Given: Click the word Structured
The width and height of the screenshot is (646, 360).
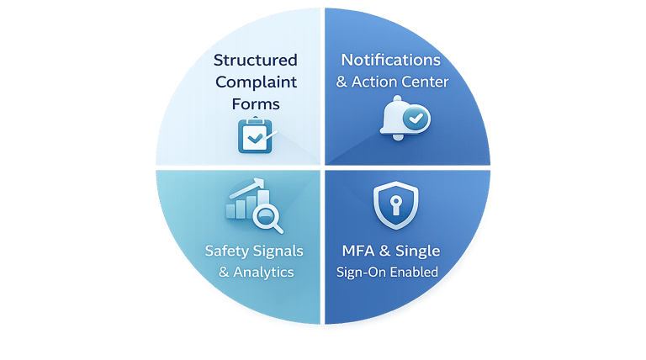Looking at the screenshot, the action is (x=255, y=61).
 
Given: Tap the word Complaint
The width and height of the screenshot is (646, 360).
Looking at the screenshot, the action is (x=255, y=82).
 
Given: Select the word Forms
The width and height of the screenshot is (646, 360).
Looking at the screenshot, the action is (x=255, y=104).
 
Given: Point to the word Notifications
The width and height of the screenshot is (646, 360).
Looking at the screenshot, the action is (x=390, y=61).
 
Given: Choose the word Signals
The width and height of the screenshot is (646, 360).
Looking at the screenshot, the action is (x=278, y=251).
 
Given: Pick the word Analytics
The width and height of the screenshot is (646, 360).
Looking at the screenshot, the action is (x=262, y=272).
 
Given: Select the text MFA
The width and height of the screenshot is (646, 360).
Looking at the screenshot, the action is (x=360, y=251).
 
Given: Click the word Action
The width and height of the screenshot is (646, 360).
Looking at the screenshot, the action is (x=375, y=82).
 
